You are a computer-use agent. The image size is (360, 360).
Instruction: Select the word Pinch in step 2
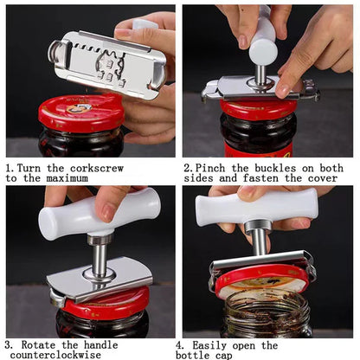214,167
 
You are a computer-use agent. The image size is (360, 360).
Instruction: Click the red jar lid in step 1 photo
80,112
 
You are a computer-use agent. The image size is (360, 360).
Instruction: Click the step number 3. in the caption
10,344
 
